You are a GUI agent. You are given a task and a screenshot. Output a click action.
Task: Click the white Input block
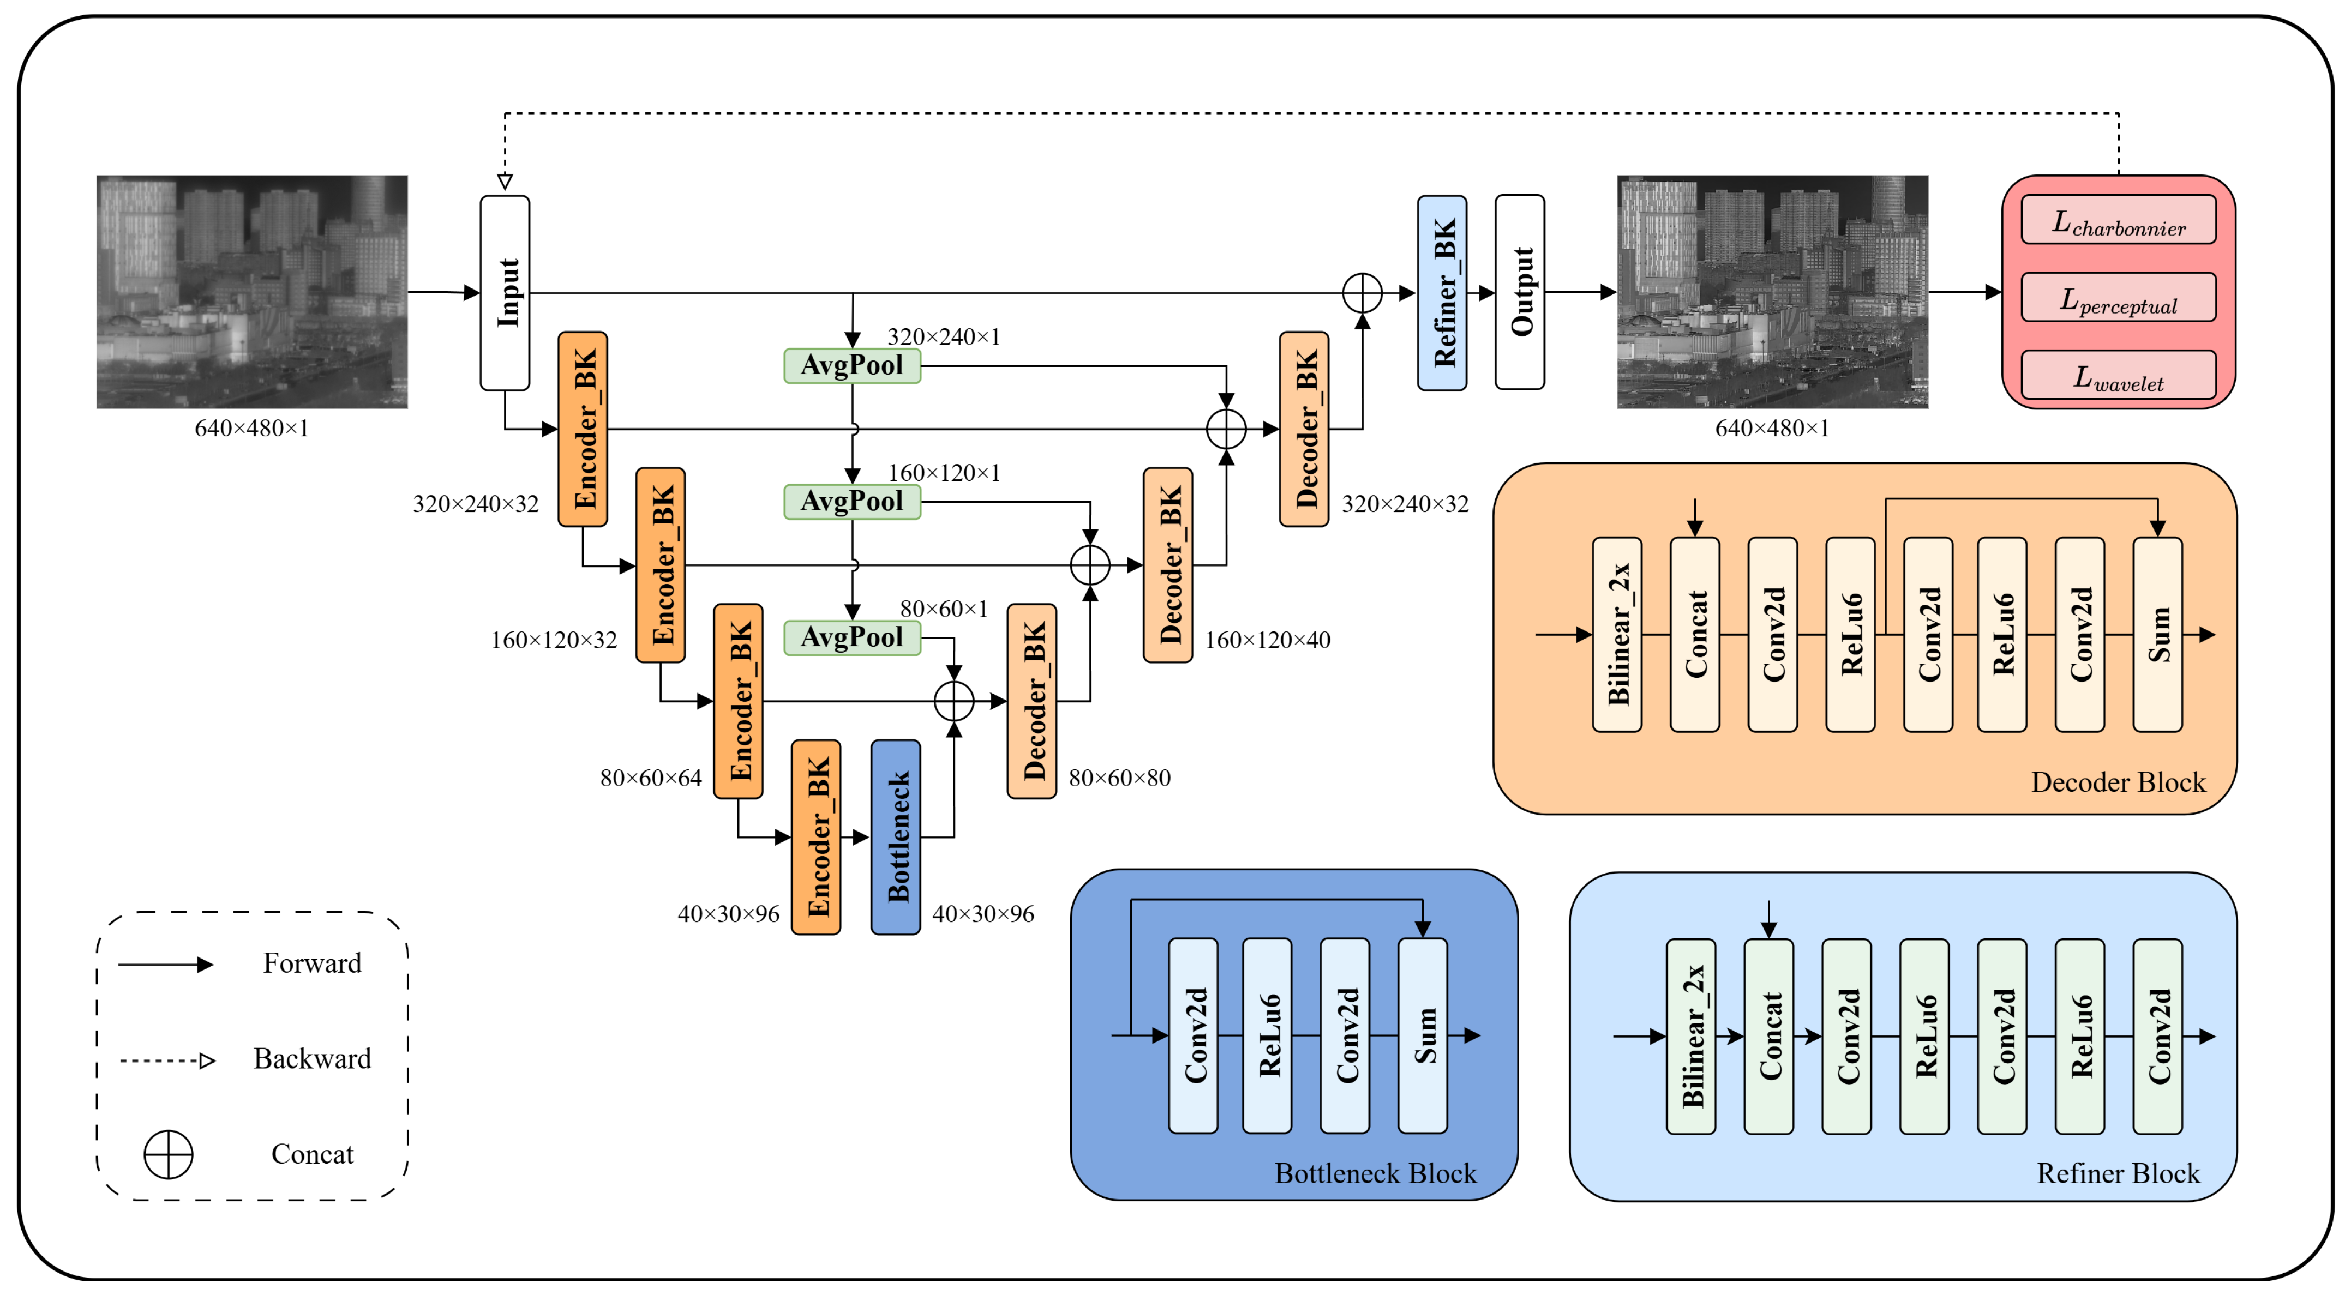click(505, 292)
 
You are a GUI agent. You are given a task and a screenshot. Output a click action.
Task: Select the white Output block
click(1520, 292)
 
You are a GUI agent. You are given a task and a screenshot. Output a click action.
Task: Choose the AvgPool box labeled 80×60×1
click(851, 637)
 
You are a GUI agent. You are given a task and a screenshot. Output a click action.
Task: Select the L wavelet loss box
click(2118, 376)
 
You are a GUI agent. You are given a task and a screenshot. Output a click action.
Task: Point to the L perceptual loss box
click(2118, 298)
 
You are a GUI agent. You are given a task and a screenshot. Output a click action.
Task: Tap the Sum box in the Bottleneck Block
click(1422, 1035)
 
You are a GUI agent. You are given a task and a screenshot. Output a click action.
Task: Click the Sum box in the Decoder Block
click(2157, 634)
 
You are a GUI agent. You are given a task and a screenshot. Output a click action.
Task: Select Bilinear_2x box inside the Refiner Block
click(1690, 1036)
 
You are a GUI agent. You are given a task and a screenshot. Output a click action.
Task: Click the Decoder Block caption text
click(2118, 782)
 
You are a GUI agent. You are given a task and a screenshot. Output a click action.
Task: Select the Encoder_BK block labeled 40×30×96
click(816, 837)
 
